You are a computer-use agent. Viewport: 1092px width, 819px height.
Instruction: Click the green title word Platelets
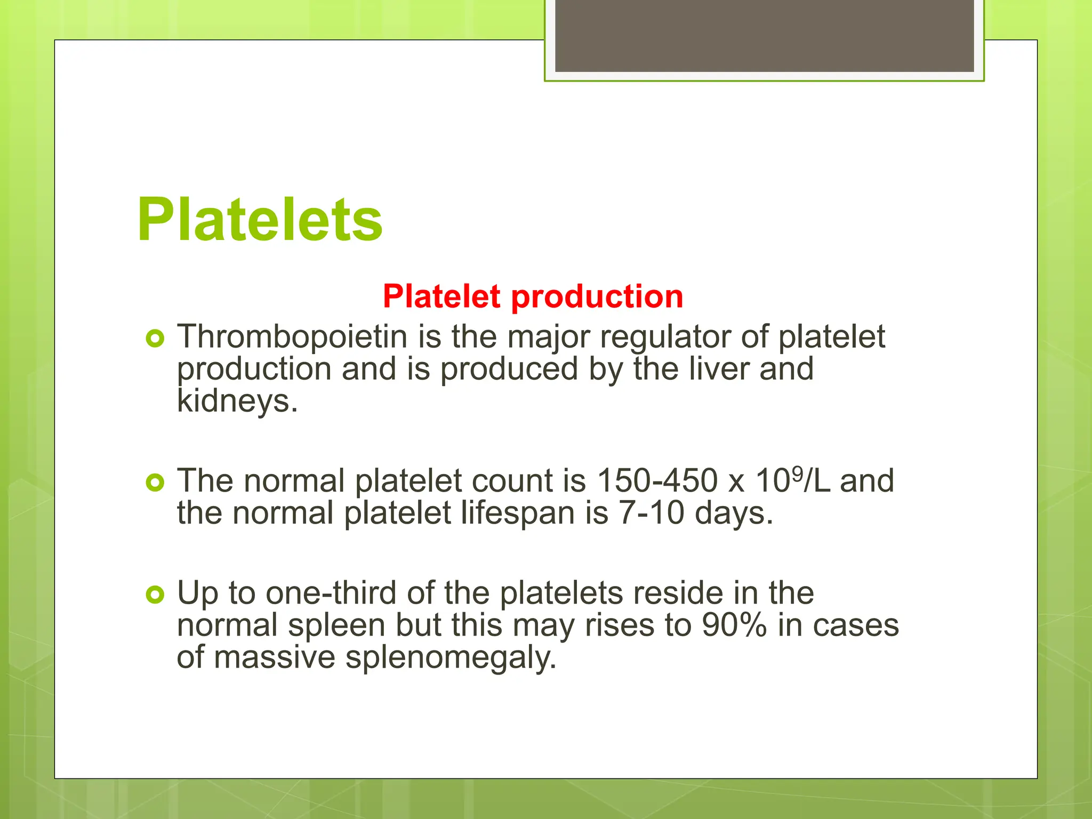tap(260, 220)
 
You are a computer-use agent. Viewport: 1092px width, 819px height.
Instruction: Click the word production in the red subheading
tap(597, 296)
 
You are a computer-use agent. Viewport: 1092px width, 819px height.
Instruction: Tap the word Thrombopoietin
tap(292, 337)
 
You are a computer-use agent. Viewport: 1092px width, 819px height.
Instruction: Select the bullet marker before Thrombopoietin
tap(155, 338)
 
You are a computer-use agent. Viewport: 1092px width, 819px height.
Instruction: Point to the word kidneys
tap(237, 401)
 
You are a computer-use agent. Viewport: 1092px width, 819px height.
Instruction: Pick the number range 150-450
tap(657, 481)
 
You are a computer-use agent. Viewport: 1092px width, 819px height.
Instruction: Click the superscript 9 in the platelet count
tap(797, 472)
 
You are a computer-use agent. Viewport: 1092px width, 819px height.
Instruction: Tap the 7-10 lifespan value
tap(651, 513)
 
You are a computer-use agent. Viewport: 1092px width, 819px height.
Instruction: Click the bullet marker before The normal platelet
tap(155, 483)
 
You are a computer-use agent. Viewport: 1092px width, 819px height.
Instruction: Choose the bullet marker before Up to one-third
tap(155, 594)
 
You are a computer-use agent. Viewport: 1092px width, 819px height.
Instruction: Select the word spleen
tap(336, 626)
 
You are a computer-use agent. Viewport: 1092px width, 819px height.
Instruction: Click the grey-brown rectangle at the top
tap(764, 36)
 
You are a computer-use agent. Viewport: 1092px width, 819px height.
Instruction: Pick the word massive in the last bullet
tap(275, 657)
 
